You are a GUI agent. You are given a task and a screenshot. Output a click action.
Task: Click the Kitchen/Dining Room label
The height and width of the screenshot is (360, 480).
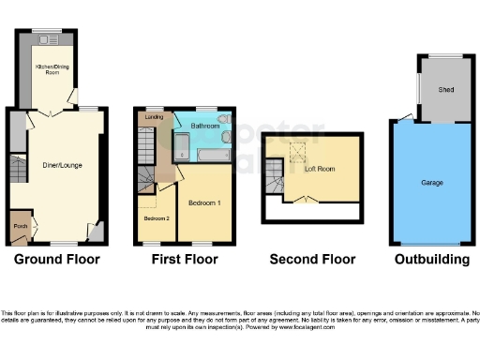[46, 69]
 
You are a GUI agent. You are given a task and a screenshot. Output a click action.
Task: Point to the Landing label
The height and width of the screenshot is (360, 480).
[153, 117]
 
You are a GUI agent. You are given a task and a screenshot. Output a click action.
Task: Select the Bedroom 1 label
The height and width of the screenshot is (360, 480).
[204, 202]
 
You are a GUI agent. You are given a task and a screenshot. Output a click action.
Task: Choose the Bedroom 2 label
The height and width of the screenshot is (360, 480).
[155, 217]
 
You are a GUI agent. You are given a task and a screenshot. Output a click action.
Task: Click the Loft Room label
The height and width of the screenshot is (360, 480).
[321, 171]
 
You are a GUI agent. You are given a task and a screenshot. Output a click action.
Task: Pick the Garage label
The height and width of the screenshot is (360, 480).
[432, 182]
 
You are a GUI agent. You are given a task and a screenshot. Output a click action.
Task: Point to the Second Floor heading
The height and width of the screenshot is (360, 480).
[312, 260]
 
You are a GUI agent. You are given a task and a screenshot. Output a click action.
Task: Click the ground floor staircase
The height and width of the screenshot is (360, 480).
[18, 171]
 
